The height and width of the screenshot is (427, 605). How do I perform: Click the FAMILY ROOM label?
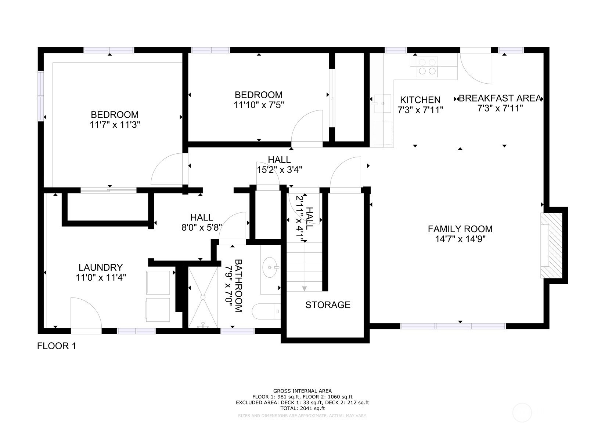pyautogui.click(x=460, y=229)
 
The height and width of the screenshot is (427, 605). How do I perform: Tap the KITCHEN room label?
pyautogui.click(x=420, y=100)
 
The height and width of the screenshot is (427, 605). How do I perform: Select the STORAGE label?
pyautogui.click(x=328, y=305)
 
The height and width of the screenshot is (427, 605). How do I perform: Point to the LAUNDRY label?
pyautogui.click(x=101, y=267)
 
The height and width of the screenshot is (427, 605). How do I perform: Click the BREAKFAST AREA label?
pyautogui.click(x=500, y=98)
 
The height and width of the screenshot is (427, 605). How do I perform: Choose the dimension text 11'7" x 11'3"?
pyautogui.click(x=115, y=125)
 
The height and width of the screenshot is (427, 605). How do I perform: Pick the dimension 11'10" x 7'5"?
pyautogui.click(x=259, y=105)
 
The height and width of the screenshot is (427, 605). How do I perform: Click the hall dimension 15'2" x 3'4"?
pyautogui.click(x=280, y=170)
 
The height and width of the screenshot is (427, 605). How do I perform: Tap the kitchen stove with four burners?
pyautogui.click(x=427, y=67)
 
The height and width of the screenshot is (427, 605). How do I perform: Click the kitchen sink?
pyautogui.click(x=382, y=103)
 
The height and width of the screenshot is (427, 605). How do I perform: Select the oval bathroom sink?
pyautogui.click(x=270, y=267)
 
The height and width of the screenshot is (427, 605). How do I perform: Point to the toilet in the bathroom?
pyautogui.click(x=266, y=311)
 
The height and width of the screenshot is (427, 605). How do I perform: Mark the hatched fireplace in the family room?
pyautogui.click(x=551, y=245)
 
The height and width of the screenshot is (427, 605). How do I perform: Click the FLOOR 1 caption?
pyautogui.click(x=57, y=346)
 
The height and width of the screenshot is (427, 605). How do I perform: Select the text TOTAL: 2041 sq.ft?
pyautogui.click(x=303, y=408)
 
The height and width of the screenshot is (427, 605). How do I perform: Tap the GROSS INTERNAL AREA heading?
pyautogui.click(x=303, y=391)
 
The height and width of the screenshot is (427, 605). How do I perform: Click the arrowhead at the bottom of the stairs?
pyautogui.click(x=305, y=289)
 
